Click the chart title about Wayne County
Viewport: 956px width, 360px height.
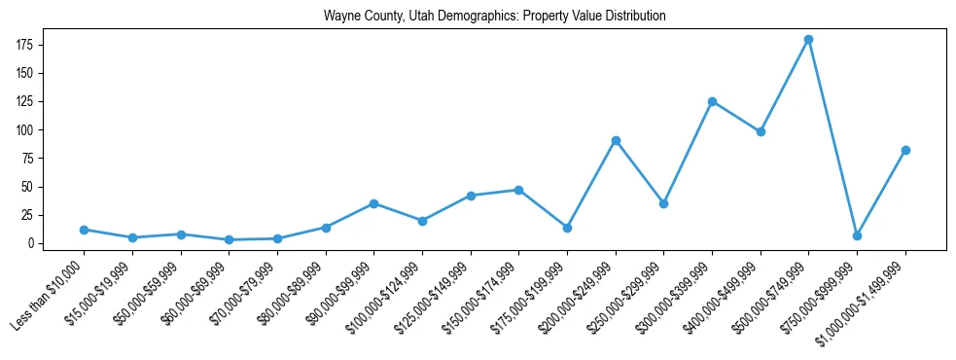click(x=495, y=17)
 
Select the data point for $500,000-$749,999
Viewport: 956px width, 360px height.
click(x=808, y=40)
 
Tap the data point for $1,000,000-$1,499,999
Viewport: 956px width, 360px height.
click(x=905, y=150)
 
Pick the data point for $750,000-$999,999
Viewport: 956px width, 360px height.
click(x=857, y=235)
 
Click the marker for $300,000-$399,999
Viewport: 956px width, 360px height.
click(x=712, y=101)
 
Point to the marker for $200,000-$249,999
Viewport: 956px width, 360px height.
click(x=616, y=140)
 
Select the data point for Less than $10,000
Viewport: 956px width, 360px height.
click(x=84, y=230)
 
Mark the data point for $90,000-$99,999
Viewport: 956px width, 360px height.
click(x=373, y=203)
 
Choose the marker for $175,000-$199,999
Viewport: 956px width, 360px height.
click(x=567, y=228)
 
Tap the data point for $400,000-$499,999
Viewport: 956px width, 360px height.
click(x=761, y=131)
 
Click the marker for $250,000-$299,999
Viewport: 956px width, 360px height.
click(x=663, y=203)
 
